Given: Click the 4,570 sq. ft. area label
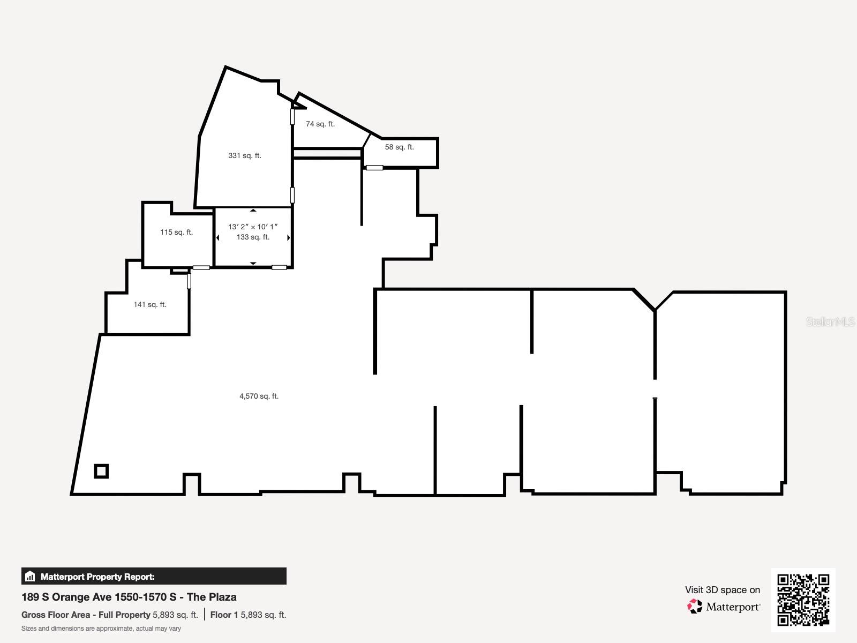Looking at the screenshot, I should (259, 396).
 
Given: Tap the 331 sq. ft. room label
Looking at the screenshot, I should (244, 155).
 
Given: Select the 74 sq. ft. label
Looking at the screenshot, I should (320, 124).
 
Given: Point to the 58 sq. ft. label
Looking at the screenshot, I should (399, 147).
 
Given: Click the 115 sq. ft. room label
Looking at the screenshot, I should (176, 232).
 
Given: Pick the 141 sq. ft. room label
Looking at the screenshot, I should (149, 304).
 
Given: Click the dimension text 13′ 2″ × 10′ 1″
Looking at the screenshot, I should (253, 227).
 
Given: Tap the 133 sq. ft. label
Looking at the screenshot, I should (253, 237).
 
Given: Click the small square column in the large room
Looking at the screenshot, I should (101, 471).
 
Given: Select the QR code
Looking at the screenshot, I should (803, 600).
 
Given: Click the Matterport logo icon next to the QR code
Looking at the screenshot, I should (695, 607).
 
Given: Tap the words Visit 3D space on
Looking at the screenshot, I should (722, 590).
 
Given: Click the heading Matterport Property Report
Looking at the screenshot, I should (97, 577).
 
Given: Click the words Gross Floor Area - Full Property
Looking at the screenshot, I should (86, 615).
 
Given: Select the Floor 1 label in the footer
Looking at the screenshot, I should (224, 615).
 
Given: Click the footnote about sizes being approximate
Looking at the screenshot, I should (101, 629).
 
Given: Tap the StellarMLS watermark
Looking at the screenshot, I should (830, 322).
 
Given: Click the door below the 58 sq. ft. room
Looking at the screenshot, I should (374, 168).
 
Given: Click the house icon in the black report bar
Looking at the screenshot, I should (30, 577).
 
